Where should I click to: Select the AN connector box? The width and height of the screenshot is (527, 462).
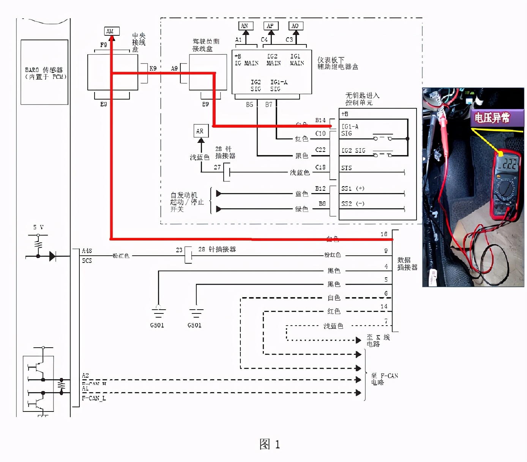[x=245, y=26]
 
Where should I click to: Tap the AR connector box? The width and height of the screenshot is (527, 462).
[x=200, y=131]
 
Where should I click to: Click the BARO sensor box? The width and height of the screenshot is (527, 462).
[x=44, y=72]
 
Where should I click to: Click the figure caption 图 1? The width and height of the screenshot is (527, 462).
[x=270, y=444]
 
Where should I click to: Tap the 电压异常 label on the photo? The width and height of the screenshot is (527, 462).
[x=492, y=118]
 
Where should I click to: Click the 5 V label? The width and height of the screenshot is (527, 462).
[x=38, y=227]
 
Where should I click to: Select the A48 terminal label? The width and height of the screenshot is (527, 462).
[x=87, y=251]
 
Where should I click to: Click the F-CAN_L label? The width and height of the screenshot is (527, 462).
[x=94, y=398]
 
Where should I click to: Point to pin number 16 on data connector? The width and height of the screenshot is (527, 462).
[x=384, y=234]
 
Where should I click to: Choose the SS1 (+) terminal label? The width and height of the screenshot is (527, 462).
[x=353, y=188]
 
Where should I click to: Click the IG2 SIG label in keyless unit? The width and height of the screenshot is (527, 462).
[x=353, y=150]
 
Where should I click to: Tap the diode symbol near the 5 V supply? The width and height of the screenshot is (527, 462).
[x=52, y=256]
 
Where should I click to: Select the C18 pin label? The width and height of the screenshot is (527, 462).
[x=320, y=167]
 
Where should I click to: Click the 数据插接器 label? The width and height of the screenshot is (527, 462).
[x=407, y=264]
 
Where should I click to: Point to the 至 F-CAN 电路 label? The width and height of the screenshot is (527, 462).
[x=384, y=379]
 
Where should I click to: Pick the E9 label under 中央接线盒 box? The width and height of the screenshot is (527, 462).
[x=103, y=104]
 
